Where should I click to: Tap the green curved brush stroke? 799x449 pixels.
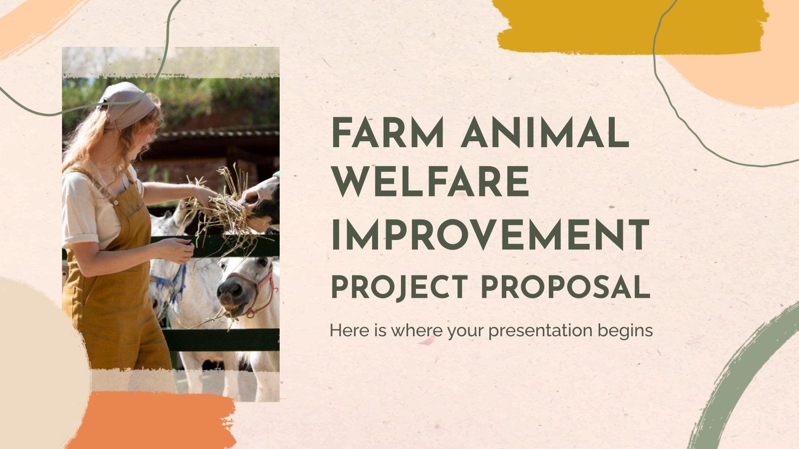click(x=739, y=379)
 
